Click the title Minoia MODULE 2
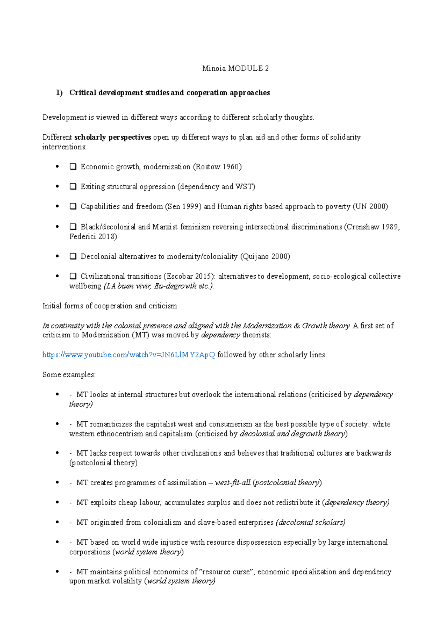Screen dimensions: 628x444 tap(235, 68)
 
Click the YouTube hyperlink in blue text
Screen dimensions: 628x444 tap(128, 355)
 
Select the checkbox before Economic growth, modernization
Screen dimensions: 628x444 tap(73, 167)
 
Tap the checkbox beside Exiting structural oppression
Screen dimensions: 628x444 tap(73, 187)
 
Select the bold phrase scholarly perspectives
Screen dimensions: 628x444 tap(112, 137)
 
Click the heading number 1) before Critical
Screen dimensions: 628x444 tap(59, 93)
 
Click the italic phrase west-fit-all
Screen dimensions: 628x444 tap(232, 483)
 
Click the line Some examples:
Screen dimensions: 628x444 tap(69, 375)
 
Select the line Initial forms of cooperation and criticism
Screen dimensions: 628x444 tap(110, 306)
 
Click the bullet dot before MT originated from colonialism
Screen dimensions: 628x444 tap(57, 522)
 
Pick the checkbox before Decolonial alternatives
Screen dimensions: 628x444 tap(73, 257)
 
